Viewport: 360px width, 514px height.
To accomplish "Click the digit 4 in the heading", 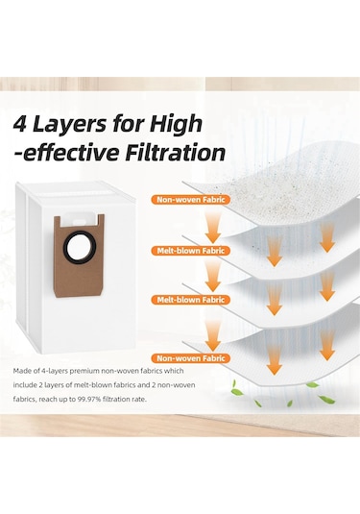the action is point(20,124).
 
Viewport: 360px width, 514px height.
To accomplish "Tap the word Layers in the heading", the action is point(70,125).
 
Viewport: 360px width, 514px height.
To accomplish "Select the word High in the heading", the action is point(176,125).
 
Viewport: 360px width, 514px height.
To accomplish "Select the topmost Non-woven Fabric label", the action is point(191,200).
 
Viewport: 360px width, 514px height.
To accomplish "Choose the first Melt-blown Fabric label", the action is point(191,251).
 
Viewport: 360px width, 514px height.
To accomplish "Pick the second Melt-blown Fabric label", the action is point(191,300).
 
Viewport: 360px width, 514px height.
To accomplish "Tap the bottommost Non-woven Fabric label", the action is point(191,358).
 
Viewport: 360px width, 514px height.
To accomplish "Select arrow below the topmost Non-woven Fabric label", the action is point(212,226).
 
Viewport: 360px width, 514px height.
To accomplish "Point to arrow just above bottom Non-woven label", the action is point(212,335).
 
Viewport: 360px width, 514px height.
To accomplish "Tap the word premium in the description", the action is point(74,372).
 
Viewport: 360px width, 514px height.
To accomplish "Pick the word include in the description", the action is point(24,385).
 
